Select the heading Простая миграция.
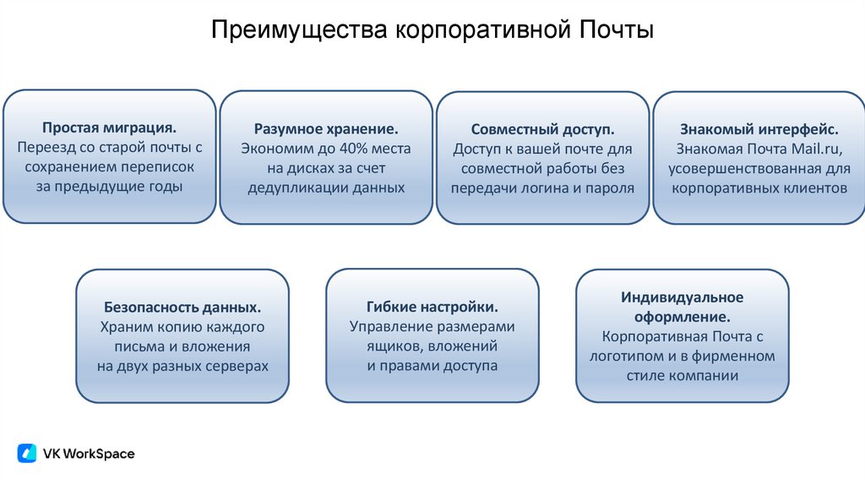tap(109, 128)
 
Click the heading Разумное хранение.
tap(326, 129)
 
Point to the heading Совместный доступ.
tap(542, 130)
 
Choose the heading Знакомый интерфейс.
tap(759, 130)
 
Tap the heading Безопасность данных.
tap(182, 307)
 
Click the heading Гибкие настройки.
tap(432, 307)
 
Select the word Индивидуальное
tap(683, 297)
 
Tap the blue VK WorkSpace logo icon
tap(27, 454)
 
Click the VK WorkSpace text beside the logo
tap(89, 454)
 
